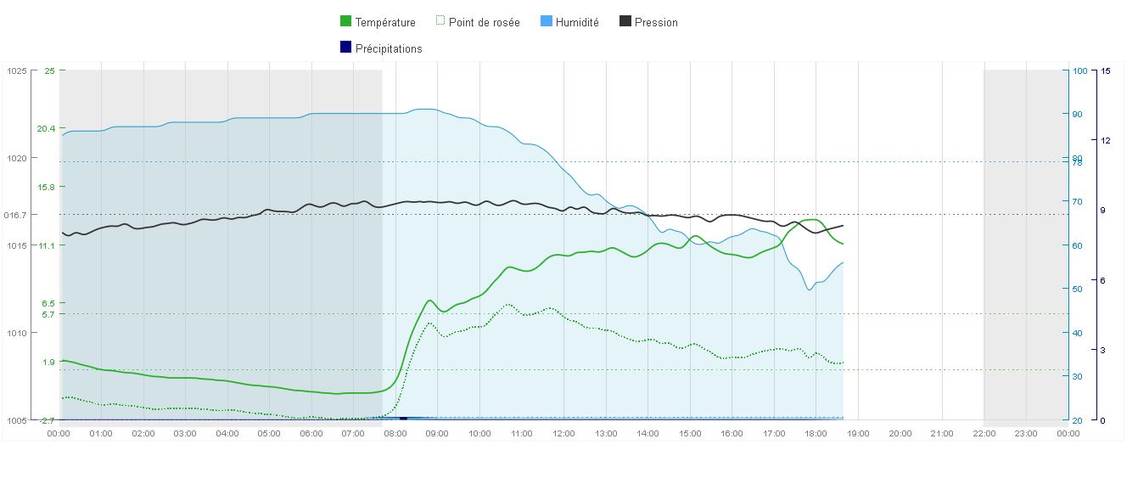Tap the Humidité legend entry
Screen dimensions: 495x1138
tap(577, 23)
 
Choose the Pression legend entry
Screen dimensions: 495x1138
tap(656, 23)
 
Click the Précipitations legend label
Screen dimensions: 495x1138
tap(389, 49)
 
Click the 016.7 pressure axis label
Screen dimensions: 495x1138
tap(15, 215)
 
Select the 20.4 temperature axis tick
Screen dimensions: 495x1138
tap(46, 129)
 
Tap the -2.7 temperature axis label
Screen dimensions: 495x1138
tap(46, 420)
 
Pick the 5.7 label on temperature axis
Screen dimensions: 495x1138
tap(48, 314)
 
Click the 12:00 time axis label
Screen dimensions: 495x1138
tap(563, 434)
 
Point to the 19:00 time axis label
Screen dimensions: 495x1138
tap(858, 434)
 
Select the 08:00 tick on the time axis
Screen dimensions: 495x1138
tap(395, 434)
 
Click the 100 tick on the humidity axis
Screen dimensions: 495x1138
tap(1080, 71)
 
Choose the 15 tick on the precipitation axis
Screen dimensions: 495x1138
tap(1105, 71)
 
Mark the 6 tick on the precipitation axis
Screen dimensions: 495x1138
tap(1103, 280)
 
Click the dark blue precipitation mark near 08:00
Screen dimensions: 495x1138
tap(403, 418)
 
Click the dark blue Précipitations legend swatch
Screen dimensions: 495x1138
tap(345, 48)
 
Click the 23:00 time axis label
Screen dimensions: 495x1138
tap(1026, 434)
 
